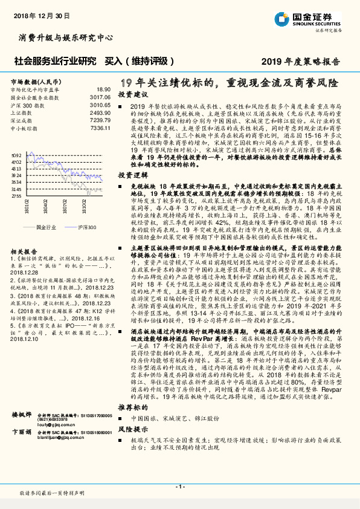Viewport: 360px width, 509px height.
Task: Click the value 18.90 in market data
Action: pos(103,89)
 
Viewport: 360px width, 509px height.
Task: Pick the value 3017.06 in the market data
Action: pos(100,97)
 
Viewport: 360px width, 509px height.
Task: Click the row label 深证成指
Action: pos(22,120)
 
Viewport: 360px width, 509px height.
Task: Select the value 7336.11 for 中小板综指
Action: pos(100,128)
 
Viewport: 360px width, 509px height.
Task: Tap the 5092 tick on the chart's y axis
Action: pos(16,155)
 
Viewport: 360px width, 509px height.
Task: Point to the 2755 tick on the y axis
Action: pos(16,196)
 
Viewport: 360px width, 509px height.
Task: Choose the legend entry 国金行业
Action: pos(46,226)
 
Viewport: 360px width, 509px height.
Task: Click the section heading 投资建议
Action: pos(133,95)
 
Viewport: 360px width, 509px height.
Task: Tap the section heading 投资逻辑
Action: pos(133,173)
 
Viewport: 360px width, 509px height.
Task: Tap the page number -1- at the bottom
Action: pos(180,487)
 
